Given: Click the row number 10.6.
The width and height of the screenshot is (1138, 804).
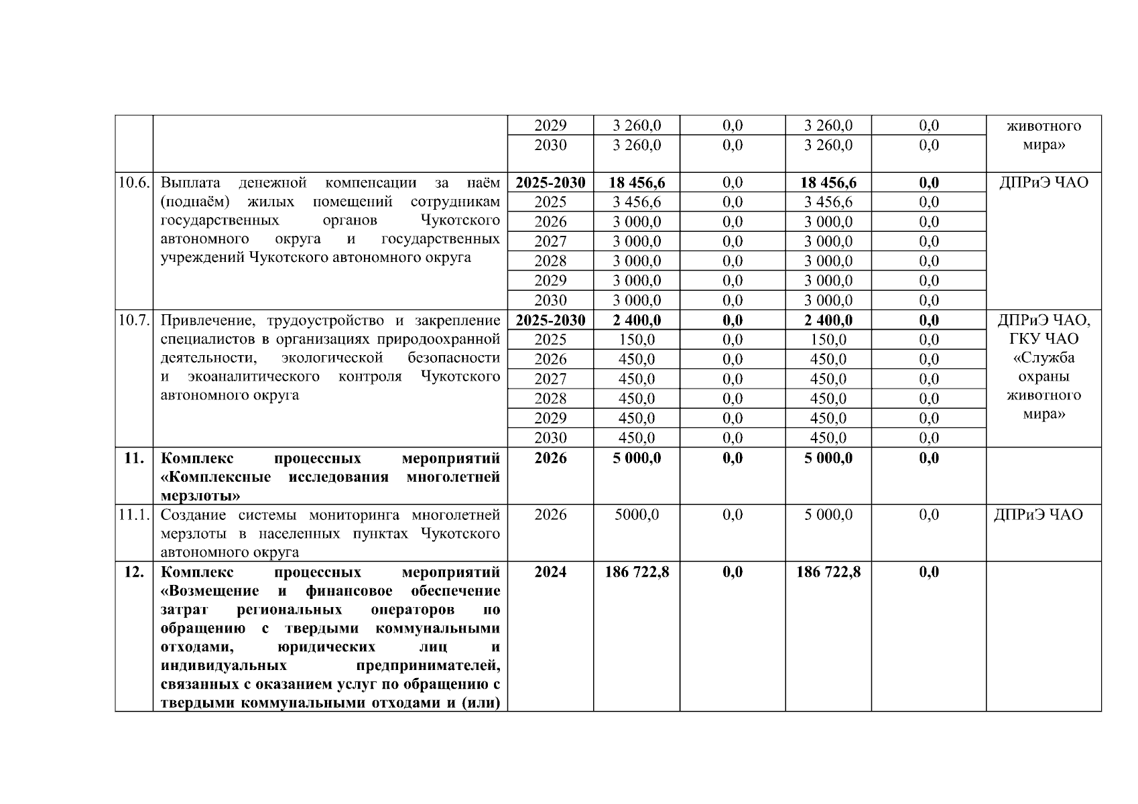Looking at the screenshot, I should point(133,183).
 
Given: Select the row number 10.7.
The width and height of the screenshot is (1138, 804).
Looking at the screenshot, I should point(133,320).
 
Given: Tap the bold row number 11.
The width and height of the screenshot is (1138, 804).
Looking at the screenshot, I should point(134,458).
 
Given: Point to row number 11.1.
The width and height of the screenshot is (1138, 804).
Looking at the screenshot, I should point(133,515).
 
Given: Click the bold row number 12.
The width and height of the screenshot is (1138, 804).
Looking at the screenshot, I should point(134,572).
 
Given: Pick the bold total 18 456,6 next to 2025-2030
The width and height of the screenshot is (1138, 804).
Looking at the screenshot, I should point(636,183).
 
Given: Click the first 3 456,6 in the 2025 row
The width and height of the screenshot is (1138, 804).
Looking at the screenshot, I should point(636,202).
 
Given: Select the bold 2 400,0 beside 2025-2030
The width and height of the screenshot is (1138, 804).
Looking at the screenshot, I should point(636,320).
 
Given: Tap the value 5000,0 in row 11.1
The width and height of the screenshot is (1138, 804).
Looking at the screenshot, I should point(636,515).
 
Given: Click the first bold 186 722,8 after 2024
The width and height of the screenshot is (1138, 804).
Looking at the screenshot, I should point(636,572).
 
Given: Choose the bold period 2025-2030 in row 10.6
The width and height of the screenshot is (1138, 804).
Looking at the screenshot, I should point(550,183).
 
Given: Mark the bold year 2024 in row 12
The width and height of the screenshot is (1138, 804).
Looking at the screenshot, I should point(550,572).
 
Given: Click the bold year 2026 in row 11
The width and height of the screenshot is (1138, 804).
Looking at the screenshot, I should point(550,458).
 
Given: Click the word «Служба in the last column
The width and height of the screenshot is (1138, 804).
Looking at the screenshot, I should point(1044,359).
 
